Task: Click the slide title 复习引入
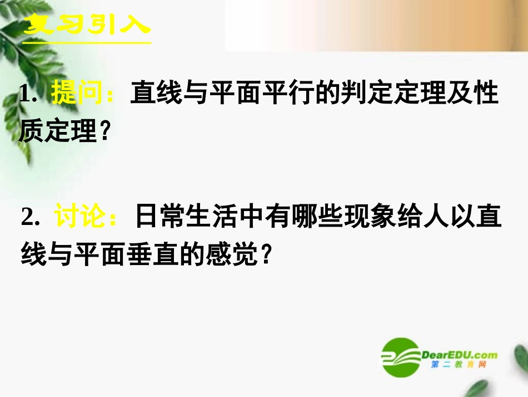87,25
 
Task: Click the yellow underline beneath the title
87,41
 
